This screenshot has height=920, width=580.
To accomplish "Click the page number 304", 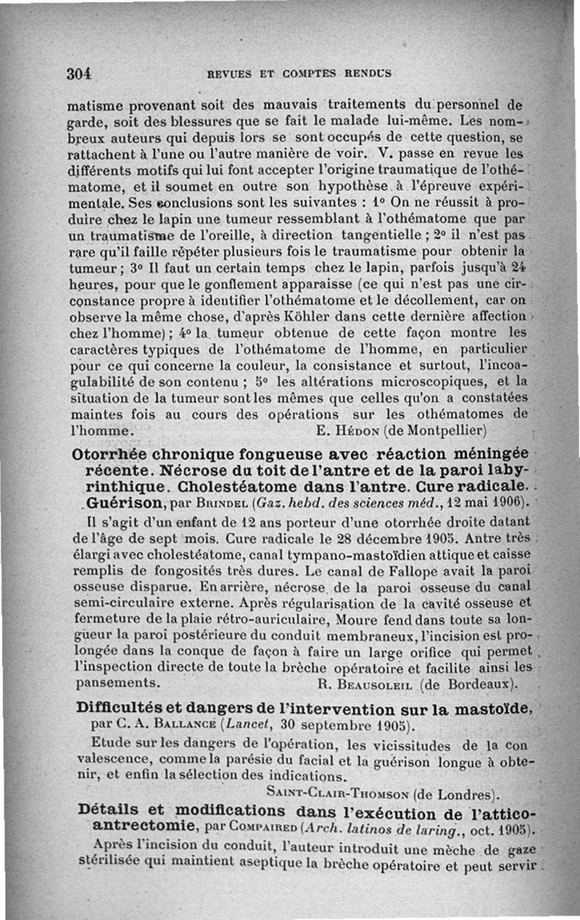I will tap(78, 73).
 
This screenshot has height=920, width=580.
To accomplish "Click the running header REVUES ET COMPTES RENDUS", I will tap(299, 73).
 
